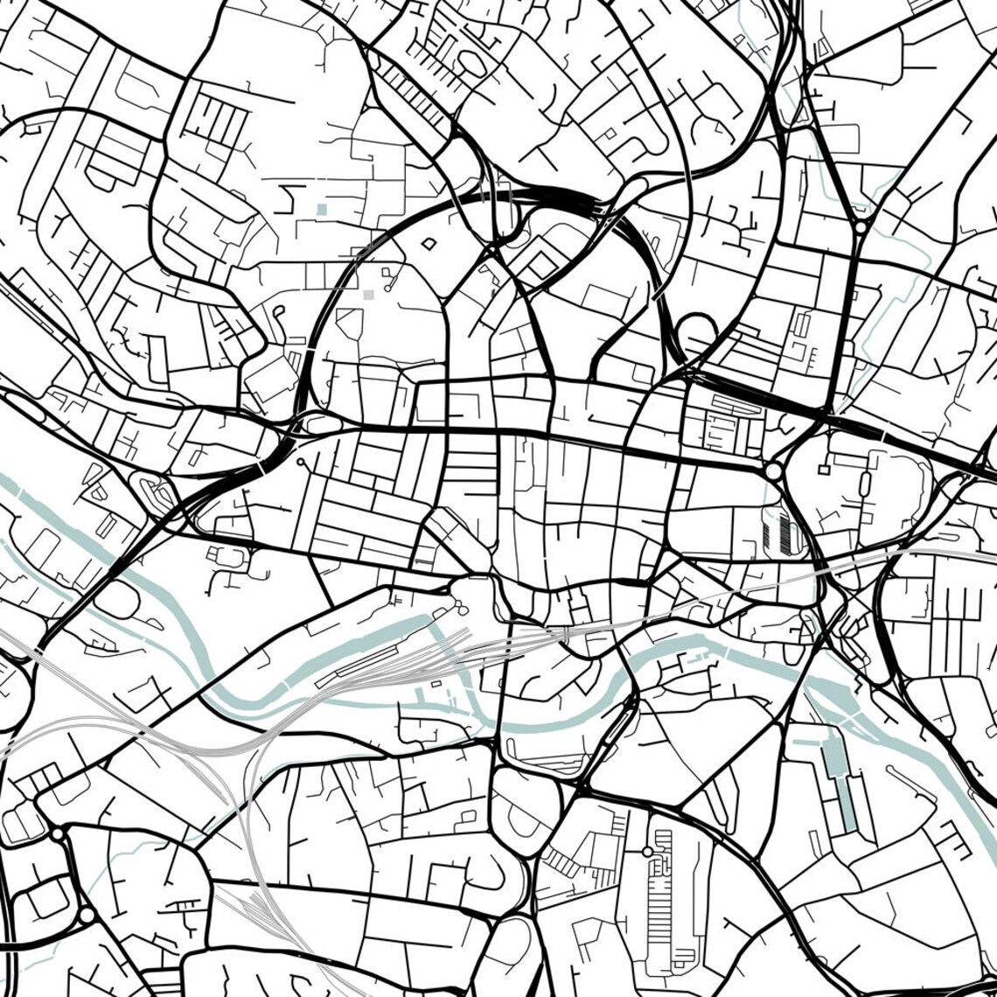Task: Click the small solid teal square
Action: (x=322, y=209)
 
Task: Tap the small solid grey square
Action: (x=368, y=295)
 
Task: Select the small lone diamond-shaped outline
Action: (x=429, y=244)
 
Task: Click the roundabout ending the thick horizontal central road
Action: (x=772, y=471)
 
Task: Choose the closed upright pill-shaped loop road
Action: (x=864, y=484)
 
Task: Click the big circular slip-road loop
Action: (x=697, y=333)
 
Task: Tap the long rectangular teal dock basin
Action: (x=841, y=784)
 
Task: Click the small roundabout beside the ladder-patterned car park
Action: (x=647, y=851)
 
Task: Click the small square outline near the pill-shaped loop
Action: (x=824, y=470)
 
